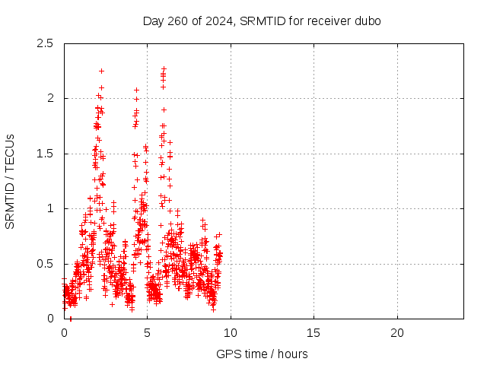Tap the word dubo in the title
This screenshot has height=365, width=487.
pos(368,21)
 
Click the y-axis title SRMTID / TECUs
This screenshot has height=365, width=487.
pos(11,181)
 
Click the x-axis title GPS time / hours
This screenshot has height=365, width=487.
pos(263,354)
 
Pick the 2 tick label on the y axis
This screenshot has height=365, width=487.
pos(50,98)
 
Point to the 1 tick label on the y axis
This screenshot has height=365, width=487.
pos(50,208)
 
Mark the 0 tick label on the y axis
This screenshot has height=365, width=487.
pos(50,319)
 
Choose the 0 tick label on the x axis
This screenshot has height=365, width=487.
pos(64,332)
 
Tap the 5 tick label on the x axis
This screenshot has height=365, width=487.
pos(147,332)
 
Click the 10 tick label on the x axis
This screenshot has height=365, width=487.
pos(231,332)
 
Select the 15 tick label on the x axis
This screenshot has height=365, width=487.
pos(314,332)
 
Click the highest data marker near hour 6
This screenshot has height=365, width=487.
pos(164,68)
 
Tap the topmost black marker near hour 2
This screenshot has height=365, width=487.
pos(101,71)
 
